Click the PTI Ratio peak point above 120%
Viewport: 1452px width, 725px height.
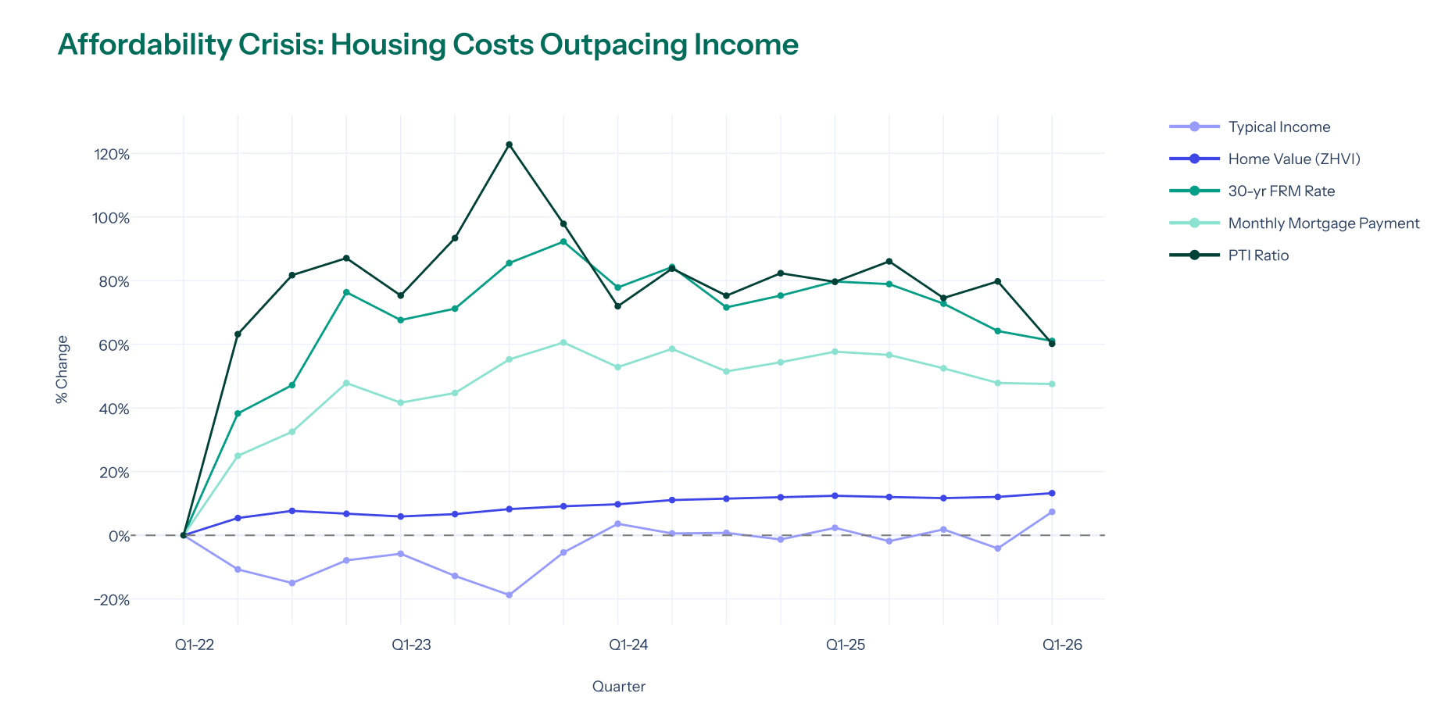tap(509, 145)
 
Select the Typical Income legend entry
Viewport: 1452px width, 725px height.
tap(1279, 127)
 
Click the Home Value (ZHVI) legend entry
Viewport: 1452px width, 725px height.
tap(1293, 159)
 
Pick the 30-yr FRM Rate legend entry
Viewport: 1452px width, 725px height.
tap(1281, 191)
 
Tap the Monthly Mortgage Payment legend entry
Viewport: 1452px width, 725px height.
tap(1323, 223)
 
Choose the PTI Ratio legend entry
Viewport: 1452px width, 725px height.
tap(1258, 255)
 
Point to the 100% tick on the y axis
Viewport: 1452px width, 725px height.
tap(111, 218)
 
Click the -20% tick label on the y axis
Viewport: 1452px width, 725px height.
tap(111, 600)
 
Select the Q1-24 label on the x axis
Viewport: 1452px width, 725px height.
tap(628, 645)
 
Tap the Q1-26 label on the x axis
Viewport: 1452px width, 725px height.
tap(1062, 645)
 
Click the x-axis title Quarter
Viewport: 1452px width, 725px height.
tap(618, 687)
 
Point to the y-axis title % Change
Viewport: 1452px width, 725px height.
tap(63, 370)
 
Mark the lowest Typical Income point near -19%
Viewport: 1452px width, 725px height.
tap(509, 595)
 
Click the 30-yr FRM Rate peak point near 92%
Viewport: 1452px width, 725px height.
tap(563, 241)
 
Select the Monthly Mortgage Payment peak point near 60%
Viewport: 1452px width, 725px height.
tap(563, 342)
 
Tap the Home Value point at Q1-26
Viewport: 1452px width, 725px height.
tap(1052, 493)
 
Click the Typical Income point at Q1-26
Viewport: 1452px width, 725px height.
tap(1052, 512)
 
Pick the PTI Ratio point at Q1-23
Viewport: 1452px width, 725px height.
tap(401, 295)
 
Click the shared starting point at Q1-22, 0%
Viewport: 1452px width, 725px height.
tap(184, 535)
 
